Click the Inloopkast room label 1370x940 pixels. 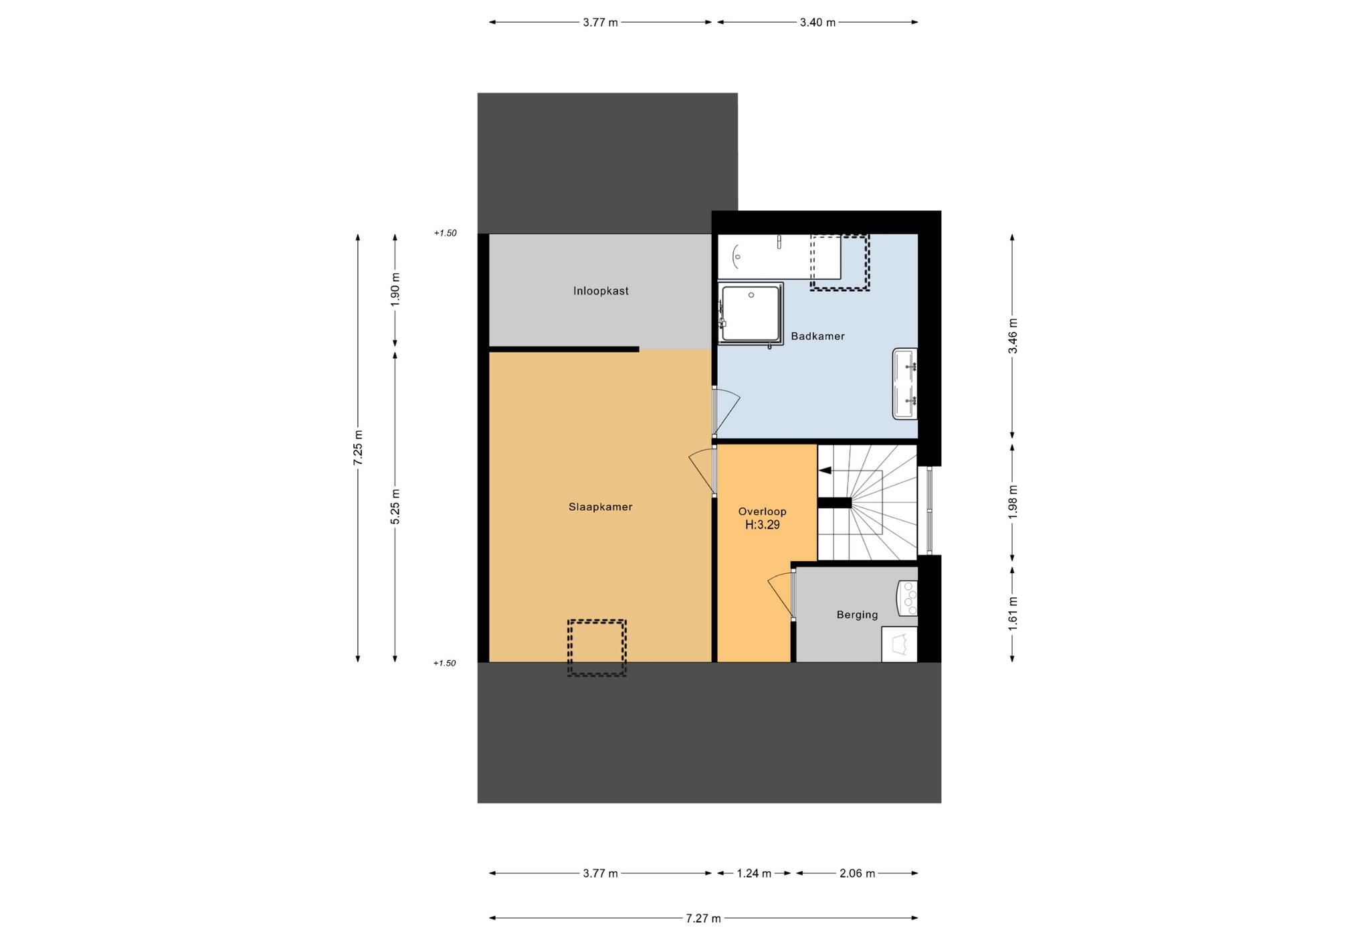[601, 291]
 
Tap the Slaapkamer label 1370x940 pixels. [601, 507]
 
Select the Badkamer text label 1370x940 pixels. [817, 336]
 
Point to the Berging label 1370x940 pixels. [857, 615]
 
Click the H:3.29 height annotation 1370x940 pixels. [763, 525]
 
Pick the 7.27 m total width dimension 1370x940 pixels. [703, 919]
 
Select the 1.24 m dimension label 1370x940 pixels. [754, 873]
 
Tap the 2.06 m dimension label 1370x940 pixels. [857, 873]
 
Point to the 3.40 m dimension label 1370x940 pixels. [817, 22]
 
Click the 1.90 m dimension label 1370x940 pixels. [395, 290]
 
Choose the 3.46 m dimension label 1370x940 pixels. [1013, 336]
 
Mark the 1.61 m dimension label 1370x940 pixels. [1013, 613]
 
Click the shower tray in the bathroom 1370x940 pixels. [751, 313]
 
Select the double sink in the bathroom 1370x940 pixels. [905, 384]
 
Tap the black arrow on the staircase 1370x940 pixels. [825, 471]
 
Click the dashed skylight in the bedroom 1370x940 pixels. [597, 647]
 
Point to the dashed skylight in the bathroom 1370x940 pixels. [840, 262]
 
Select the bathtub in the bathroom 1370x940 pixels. [779, 256]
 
